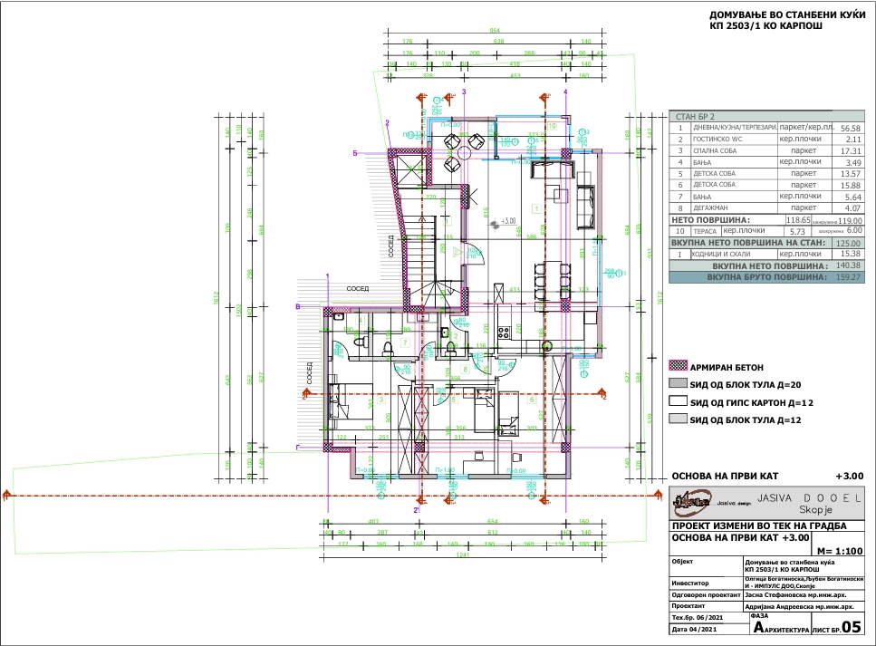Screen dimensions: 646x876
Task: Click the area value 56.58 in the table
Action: coord(850,129)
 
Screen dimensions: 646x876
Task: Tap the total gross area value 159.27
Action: coord(850,278)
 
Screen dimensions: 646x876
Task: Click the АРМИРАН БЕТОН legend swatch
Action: coord(676,366)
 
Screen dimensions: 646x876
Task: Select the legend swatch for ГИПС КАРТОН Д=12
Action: coord(676,401)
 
